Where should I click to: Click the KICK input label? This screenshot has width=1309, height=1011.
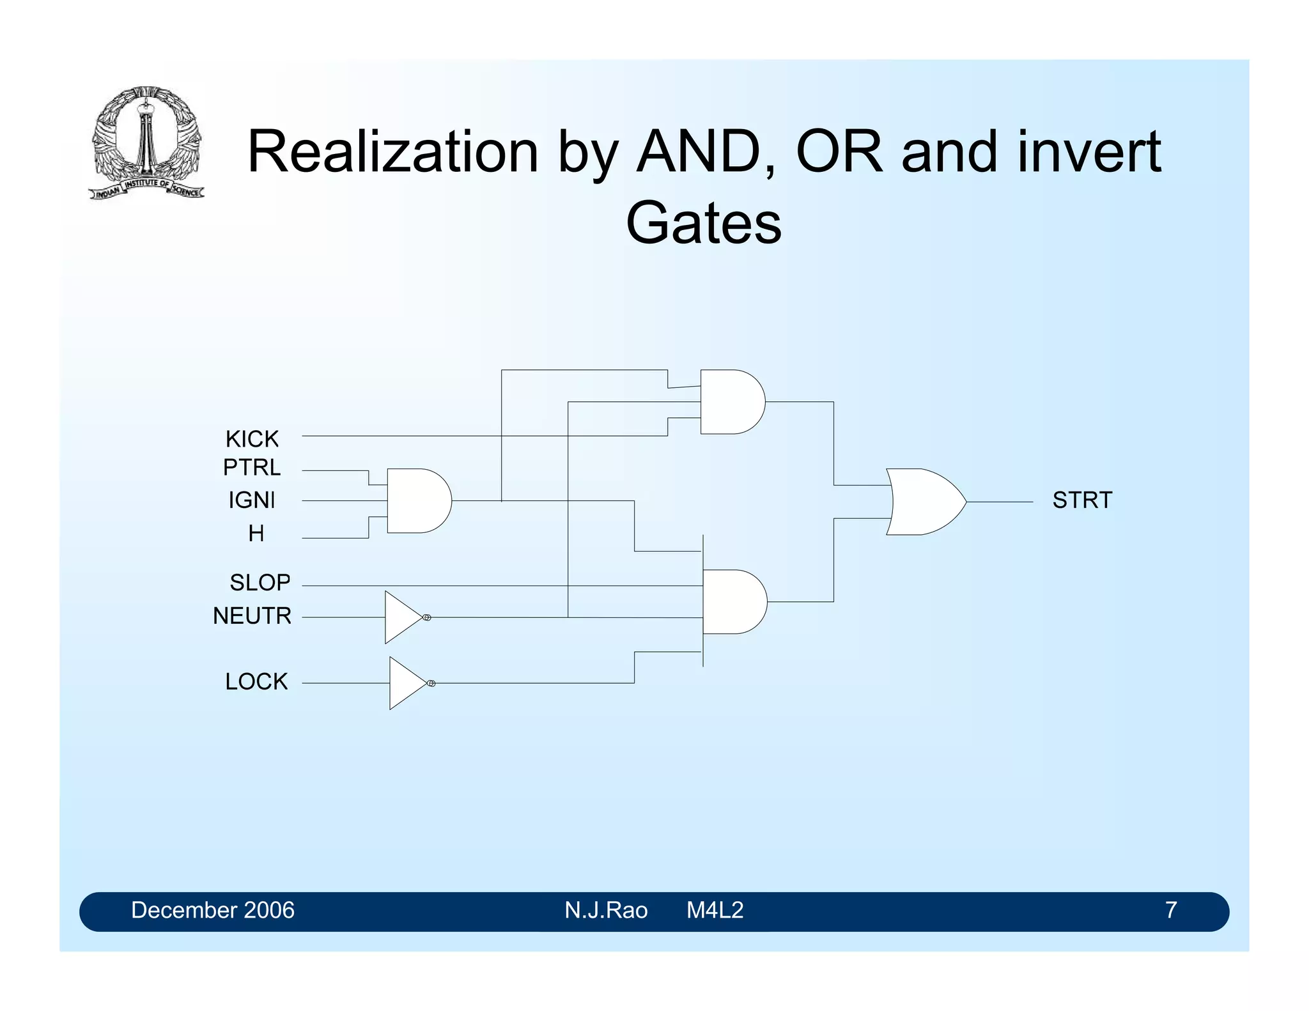click(x=252, y=439)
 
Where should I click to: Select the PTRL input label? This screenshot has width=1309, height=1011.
click(x=252, y=468)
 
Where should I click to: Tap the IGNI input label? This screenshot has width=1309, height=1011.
click(x=252, y=500)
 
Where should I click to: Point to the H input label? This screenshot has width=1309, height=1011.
click(x=256, y=533)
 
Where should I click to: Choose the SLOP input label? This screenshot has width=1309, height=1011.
click(x=259, y=582)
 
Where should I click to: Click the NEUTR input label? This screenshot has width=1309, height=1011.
click(x=252, y=615)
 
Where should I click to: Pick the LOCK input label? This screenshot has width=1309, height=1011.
click(x=256, y=681)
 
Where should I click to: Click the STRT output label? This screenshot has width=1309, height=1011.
click(x=1082, y=500)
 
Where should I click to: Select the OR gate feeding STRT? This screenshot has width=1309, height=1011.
click(x=924, y=502)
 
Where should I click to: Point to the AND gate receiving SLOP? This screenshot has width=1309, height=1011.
click(x=734, y=601)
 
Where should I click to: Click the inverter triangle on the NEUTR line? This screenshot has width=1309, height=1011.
click(x=402, y=617)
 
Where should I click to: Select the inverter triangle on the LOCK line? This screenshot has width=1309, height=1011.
click(x=407, y=683)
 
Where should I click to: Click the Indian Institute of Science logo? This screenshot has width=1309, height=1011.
click(x=147, y=142)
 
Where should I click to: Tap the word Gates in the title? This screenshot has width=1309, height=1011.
click(x=704, y=222)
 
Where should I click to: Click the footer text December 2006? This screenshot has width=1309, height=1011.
click(x=212, y=910)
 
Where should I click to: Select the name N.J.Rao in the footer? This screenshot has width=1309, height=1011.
click(x=606, y=910)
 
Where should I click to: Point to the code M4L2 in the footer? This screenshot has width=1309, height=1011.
click(x=715, y=910)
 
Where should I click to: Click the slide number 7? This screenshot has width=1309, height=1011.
click(x=1170, y=910)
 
